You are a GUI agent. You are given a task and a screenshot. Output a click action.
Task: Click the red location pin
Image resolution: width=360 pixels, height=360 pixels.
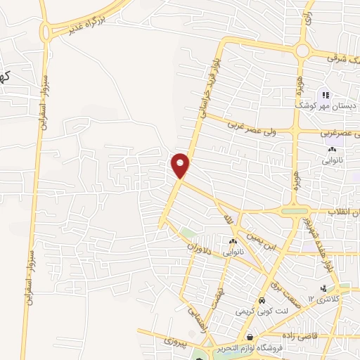181,165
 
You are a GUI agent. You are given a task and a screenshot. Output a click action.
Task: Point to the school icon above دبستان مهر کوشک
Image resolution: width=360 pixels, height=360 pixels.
324,95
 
